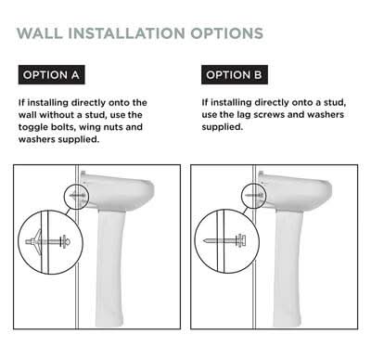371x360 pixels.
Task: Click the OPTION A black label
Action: [51, 74]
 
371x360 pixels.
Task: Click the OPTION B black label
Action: [235, 74]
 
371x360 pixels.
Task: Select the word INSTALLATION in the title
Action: [126, 33]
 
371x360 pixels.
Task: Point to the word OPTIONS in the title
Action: [227, 33]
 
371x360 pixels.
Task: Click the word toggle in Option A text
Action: [32, 127]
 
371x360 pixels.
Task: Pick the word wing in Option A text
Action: [90, 127]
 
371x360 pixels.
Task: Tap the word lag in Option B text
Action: [244, 115]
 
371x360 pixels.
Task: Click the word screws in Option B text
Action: [269, 115]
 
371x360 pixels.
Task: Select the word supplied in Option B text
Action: [222, 127]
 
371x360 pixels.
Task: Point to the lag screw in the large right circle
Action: [224, 240]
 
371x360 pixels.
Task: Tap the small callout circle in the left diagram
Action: [76, 197]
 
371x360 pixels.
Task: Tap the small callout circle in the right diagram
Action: [253, 196]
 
